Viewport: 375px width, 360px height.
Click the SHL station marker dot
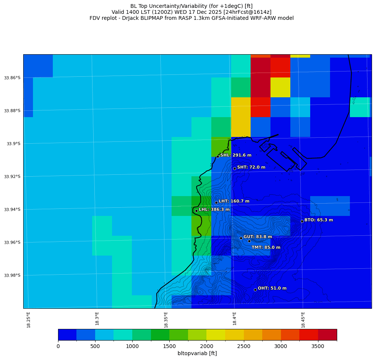(x=218, y=156)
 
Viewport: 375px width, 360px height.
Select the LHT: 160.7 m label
(x=234, y=201)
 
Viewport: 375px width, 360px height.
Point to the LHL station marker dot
(x=196, y=211)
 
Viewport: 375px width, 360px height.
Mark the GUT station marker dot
(x=241, y=238)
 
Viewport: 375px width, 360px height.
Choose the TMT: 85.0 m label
(x=266, y=247)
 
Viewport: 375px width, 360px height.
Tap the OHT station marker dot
(x=255, y=290)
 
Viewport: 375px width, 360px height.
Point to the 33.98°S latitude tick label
(x=12, y=275)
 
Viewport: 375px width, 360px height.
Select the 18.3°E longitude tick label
(x=97, y=318)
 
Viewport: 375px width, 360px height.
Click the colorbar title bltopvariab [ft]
(x=197, y=353)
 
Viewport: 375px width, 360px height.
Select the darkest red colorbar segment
(x=327, y=335)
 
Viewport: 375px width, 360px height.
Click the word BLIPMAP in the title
(x=162, y=18)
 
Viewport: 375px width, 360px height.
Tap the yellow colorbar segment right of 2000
(x=216, y=335)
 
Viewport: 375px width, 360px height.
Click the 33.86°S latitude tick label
(x=12, y=78)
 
